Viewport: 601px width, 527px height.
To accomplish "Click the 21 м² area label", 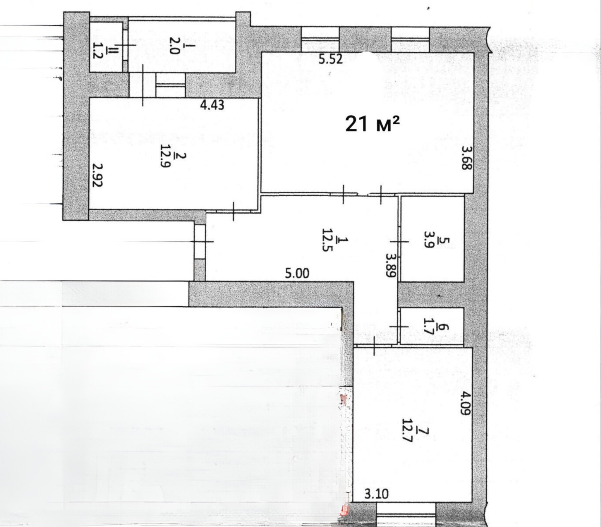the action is pos(372,124).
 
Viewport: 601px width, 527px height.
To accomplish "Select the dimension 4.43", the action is pos(212,105).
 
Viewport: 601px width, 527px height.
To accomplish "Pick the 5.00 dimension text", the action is pos(297,273).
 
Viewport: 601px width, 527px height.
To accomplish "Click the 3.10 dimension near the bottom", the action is pos(377,494).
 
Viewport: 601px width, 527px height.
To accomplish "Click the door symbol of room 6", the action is pos(399,327).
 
